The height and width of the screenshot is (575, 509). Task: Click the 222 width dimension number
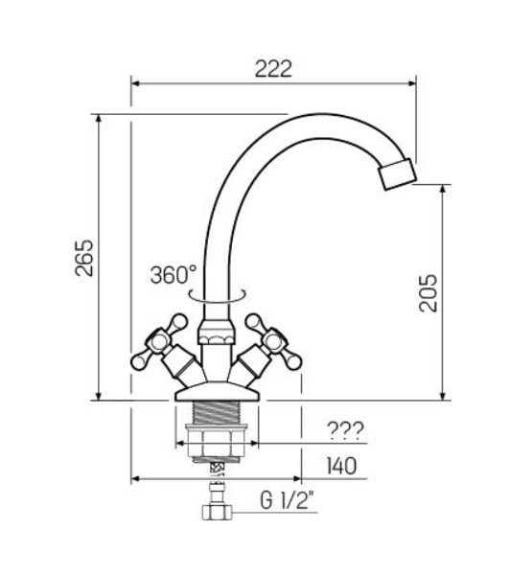pos(273,69)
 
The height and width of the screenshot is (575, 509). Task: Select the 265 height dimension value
pos(84,258)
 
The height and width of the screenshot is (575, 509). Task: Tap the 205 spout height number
pos(428,293)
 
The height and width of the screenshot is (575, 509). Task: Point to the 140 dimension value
pos(341,466)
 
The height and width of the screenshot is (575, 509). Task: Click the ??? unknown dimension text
pos(345,431)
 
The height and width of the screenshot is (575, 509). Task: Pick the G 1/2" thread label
pos(288,500)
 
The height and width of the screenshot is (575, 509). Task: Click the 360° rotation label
pos(174,275)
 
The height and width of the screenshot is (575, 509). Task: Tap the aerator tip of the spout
pos(398,174)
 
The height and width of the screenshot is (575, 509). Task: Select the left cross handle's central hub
pos(158,342)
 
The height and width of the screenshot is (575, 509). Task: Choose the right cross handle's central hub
pos(274,342)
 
